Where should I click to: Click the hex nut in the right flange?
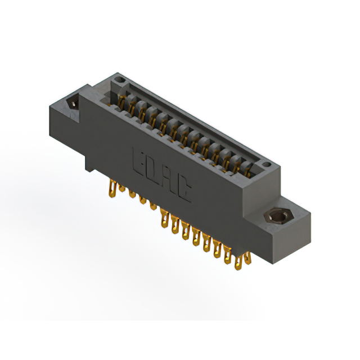(x=276, y=217)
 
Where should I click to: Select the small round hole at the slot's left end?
(x=118, y=85)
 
